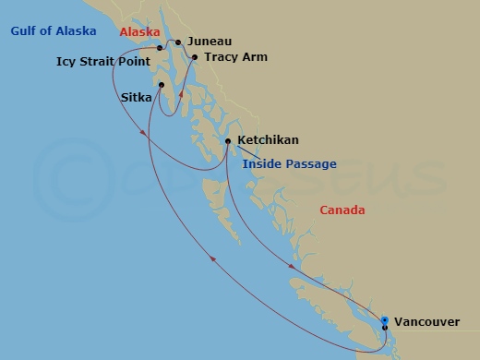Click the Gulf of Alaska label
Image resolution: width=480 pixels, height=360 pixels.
(x=53, y=31)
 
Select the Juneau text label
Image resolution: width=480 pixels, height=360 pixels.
(x=209, y=42)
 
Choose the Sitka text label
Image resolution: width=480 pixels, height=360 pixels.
(x=138, y=95)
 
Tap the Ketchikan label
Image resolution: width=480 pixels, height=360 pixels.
(x=268, y=140)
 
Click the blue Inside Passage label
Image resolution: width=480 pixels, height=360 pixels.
(x=289, y=164)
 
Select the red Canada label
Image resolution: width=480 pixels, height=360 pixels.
(x=342, y=210)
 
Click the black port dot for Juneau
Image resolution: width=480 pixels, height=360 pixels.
(x=178, y=42)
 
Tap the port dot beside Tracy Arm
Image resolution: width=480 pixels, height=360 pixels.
(x=194, y=56)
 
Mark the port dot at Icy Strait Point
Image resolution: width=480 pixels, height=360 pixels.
(x=160, y=47)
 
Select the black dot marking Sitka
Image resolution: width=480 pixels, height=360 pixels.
(x=162, y=86)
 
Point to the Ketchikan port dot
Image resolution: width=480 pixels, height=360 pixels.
(x=227, y=140)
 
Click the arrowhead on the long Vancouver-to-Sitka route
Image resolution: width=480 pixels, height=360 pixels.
(x=213, y=259)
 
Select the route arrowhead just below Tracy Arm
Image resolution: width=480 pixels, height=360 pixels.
(x=181, y=93)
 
